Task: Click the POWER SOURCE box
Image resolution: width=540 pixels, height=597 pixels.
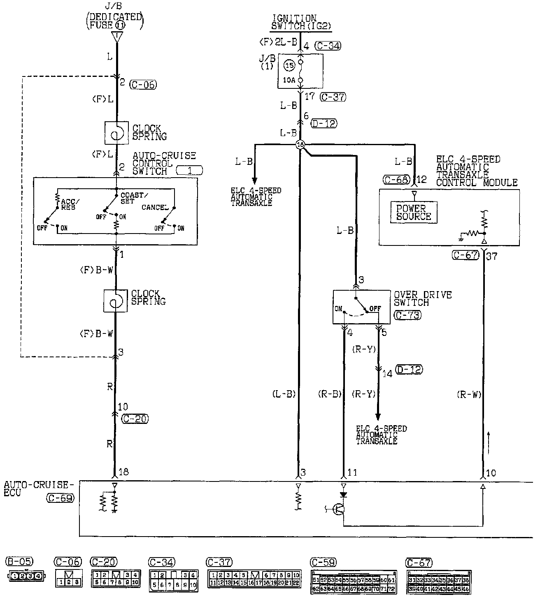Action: pyautogui.click(x=414, y=213)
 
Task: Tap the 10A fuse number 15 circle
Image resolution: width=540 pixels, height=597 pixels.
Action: pyautogui.click(x=289, y=65)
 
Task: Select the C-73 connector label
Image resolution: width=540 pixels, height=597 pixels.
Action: pyautogui.click(x=407, y=315)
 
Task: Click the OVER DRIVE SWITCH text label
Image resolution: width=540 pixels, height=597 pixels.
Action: pyautogui.click(x=423, y=298)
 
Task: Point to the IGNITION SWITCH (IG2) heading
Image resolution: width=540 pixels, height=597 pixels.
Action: pyautogui.click(x=301, y=22)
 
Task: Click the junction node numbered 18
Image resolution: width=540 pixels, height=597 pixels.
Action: pyautogui.click(x=300, y=144)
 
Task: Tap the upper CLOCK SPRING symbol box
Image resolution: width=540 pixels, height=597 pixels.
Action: pyautogui.click(x=117, y=133)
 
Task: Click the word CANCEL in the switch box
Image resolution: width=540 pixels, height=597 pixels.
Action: pyautogui.click(x=155, y=207)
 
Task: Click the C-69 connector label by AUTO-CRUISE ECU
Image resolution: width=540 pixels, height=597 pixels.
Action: pyautogui.click(x=60, y=499)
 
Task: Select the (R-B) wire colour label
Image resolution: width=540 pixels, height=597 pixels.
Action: pyautogui.click(x=330, y=394)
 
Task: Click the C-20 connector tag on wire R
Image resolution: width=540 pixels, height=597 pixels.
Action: pyautogui.click(x=135, y=419)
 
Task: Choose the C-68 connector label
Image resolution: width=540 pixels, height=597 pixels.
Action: pyautogui.click(x=396, y=180)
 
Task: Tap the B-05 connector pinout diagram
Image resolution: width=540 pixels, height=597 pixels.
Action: pyautogui.click(x=24, y=576)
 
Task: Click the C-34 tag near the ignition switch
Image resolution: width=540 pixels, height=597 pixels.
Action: pyautogui.click(x=328, y=46)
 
